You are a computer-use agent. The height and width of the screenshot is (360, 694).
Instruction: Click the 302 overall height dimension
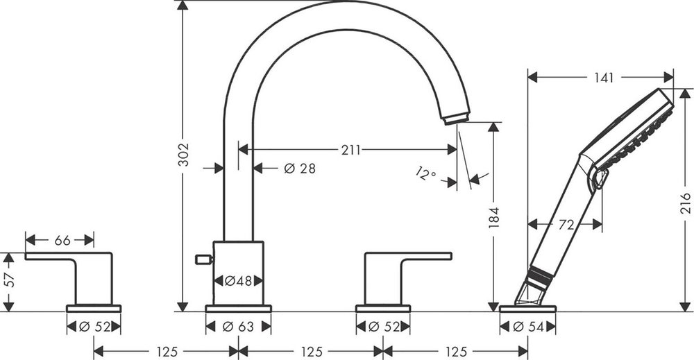(183, 155)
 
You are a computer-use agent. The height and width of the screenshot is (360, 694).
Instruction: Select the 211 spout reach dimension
(350, 150)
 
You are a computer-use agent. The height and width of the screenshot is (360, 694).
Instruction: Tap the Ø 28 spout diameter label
(300, 169)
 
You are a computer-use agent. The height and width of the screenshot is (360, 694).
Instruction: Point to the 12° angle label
(426, 173)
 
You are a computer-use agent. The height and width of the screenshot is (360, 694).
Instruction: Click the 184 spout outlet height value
(493, 218)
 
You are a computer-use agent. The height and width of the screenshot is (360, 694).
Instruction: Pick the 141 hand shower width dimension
(604, 78)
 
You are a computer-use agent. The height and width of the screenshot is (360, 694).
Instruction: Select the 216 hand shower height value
(685, 203)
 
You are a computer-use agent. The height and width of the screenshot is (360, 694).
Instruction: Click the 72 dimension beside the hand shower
(566, 225)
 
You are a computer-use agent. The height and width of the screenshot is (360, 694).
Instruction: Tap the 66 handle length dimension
(62, 240)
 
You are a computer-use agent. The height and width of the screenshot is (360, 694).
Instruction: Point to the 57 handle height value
(9, 280)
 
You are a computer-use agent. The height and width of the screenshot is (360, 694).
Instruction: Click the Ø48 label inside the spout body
(238, 281)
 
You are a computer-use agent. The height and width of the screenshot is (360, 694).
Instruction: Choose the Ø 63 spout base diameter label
(238, 327)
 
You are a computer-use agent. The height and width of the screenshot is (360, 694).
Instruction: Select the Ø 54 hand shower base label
(527, 327)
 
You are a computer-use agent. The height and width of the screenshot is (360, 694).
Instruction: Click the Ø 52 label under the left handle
(94, 327)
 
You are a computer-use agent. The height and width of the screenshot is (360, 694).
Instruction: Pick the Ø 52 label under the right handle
(384, 327)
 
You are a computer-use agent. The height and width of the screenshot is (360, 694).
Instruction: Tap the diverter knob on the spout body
(204, 259)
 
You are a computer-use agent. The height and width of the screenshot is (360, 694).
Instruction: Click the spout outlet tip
(455, 119)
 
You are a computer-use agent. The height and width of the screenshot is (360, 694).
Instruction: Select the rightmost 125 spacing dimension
(456, 352)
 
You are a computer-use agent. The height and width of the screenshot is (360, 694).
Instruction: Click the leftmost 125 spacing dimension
(167, 352)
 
